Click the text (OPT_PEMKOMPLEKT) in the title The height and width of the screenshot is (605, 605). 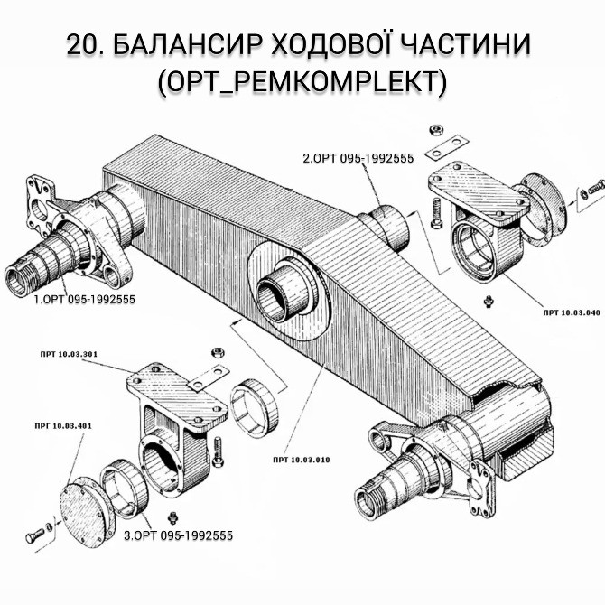coord(302,82)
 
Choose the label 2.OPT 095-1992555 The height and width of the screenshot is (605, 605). coord(358,158)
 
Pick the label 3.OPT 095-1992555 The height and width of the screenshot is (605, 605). coord(178,535)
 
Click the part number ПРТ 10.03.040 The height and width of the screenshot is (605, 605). coord(572,312)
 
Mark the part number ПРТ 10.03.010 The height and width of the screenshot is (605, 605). coord(300,460)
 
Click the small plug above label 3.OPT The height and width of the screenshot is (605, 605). coord(174,517)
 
